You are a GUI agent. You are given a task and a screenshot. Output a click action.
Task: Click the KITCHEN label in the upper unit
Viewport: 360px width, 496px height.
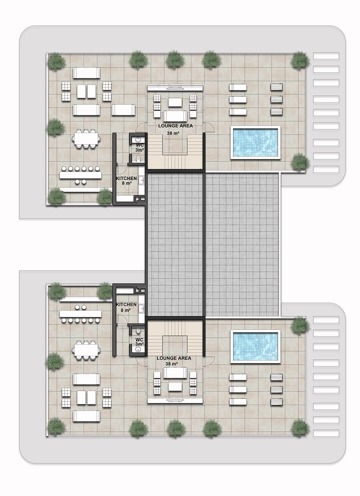point(126,178)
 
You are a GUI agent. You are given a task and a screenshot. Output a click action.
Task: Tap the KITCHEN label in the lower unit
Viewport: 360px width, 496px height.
point(126,305)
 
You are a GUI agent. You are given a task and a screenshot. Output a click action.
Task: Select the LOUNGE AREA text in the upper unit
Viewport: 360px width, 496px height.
point(176,126)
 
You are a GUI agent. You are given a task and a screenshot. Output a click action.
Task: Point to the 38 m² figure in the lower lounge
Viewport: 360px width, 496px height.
point(172,364)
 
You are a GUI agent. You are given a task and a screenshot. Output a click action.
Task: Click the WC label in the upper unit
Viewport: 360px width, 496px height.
point(140,145)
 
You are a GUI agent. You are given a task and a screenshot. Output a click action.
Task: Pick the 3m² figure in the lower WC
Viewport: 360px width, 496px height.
point(139,344)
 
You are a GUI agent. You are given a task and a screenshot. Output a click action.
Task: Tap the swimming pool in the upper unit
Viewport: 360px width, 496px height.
point(255,142)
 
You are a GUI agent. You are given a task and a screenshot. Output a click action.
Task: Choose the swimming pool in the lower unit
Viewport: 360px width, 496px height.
point(255,346)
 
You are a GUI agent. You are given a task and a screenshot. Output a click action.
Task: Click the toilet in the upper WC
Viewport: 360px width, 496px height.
point(138,158)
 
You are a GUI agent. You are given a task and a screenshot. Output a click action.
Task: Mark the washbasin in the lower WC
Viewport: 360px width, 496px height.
point(138,349)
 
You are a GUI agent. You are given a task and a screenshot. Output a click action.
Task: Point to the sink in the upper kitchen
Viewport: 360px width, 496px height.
point(142,180)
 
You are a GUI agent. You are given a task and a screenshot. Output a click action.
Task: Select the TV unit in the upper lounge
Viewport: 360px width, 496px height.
point(175,88)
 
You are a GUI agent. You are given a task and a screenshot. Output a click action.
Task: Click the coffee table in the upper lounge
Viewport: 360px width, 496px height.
point(175,102)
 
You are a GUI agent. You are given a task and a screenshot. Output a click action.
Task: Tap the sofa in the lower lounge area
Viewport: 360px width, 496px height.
point(175,373)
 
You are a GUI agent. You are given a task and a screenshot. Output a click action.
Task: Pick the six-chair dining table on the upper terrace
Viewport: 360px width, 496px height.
point(86,139)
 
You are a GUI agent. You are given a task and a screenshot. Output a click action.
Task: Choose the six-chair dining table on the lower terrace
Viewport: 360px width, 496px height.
point(86,350)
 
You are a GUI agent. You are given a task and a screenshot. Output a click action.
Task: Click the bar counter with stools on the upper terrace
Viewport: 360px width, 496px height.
point(80,175)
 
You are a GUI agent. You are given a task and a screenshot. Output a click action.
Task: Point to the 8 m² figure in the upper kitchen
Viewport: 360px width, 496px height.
point(127,183)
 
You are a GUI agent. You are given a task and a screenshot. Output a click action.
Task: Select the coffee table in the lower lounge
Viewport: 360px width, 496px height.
point(175,387)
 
